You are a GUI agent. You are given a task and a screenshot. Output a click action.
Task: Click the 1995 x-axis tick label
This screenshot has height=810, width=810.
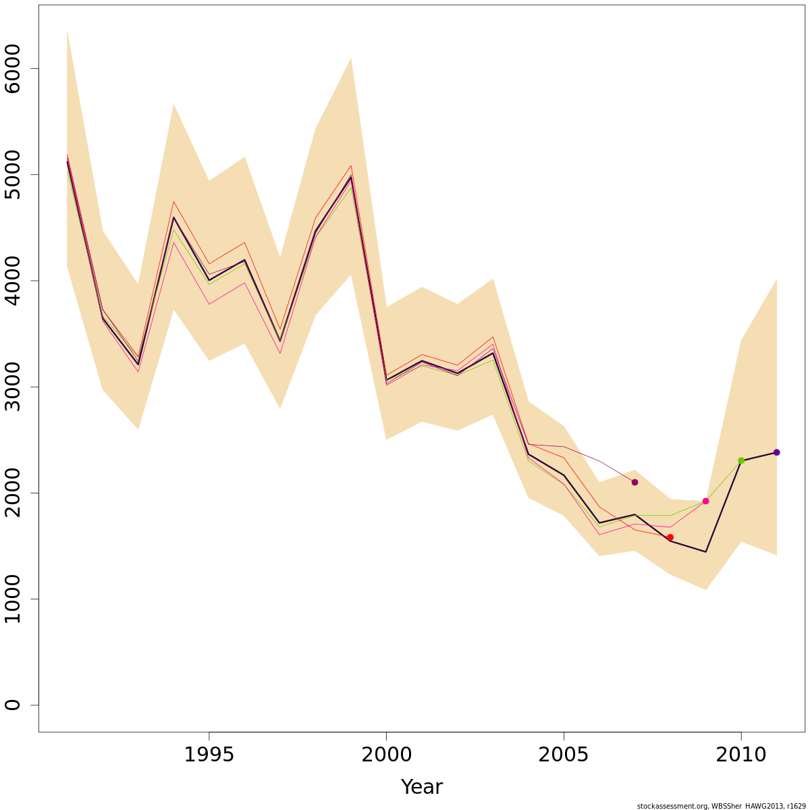point(209,755)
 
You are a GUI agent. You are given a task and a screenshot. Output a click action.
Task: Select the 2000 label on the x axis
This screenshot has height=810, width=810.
point(386,755)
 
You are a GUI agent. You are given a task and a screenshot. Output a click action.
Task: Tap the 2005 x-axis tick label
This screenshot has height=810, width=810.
point(564,755)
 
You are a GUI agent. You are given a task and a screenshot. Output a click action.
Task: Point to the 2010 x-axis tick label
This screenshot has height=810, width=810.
point(741,755)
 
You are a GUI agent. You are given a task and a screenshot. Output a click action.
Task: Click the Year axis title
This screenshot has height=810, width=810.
point(421,787)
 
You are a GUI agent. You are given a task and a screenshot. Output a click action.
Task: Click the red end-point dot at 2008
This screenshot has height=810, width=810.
point(670,537)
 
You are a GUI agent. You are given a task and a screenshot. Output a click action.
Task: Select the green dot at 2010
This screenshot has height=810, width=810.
point(741,460)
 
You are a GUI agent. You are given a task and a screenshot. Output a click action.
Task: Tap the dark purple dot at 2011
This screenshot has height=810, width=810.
point(776,452)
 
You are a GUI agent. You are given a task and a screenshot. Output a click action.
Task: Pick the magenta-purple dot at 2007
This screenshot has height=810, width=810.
point(634,482)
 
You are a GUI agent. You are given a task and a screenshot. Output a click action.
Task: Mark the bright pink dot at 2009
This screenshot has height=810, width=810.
point(705,501)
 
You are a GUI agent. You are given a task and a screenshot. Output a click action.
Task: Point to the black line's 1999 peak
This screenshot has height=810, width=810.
point(351,177)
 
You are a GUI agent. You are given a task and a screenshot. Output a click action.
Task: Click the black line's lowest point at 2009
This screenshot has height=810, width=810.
point(705,552)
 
